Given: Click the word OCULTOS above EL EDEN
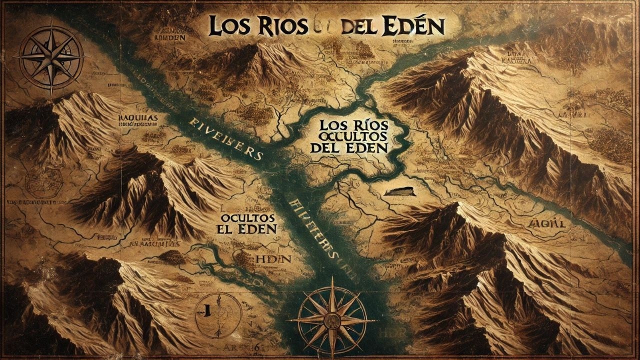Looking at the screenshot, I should click(x=247, y=218).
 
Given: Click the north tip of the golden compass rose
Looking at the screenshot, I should click(x=331, y=280).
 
